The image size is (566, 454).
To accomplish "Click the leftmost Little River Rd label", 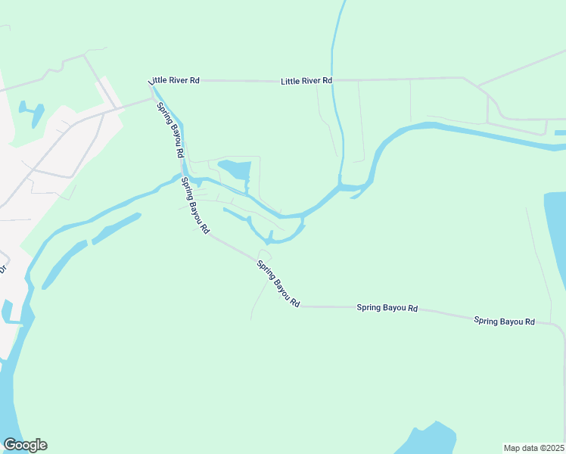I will pyautogui.click(x=174, y=80).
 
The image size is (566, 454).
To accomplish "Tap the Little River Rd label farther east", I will pyautogui.click(x=306, y=80).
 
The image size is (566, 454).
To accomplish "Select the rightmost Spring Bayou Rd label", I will pyautogui.click(x=504, y=321).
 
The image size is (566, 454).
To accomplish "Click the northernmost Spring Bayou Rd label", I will pyautogui.click(x=170, y=129).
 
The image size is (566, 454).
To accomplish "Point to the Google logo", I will pyautogui.click(x=25, y=445).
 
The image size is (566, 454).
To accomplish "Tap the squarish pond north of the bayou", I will pyautogui.click(x=234, y=168).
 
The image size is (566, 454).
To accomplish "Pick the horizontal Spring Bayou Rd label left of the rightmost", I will pyautogui.click(x=387, y=308).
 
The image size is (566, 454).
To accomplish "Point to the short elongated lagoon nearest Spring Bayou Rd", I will pyautogui.click(x=115, y=229).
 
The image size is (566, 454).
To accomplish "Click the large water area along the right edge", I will pyautogui.click(x=555, y=235).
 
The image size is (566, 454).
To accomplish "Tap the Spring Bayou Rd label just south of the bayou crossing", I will pyautogui.click(x=194, y=205).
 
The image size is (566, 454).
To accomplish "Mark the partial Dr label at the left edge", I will pyautogui.click(x=2, y=268).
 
